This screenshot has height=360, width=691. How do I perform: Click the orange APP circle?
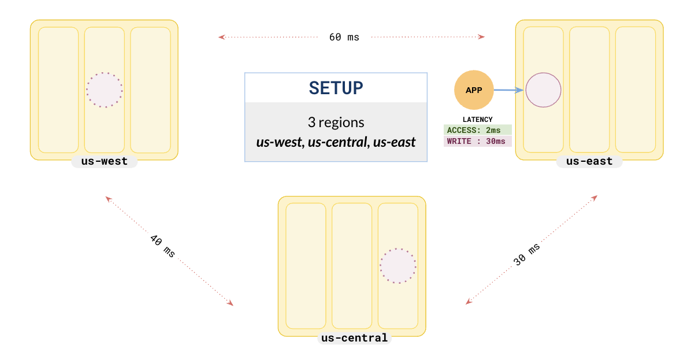coord(473,90)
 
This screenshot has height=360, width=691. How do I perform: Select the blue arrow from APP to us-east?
coord(509,90)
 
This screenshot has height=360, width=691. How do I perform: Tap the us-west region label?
coord(105,161)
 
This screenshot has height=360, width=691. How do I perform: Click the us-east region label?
coord(589,161)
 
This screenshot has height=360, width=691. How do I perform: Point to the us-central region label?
coord(354,338)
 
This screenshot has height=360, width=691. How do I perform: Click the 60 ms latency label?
coord(344,37)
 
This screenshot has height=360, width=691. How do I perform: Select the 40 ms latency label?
coord(162,246)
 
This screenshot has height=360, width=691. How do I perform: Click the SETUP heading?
coord(336,88)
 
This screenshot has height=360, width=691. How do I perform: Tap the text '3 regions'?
coord(336,123)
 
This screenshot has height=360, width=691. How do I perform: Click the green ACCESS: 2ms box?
coord(477,131)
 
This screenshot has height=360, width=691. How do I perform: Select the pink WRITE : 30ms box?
coord(477,142)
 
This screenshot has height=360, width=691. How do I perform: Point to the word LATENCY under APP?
coord(477,120)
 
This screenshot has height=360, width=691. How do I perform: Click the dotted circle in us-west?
coord(105,90)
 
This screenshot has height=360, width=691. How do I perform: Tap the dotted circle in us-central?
coord(398,266)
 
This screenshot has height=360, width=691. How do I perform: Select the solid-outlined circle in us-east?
coord(544,90)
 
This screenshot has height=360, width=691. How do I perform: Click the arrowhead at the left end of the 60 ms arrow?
coord(221,37)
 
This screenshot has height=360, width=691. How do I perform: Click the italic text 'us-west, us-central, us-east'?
coord(336,142)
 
